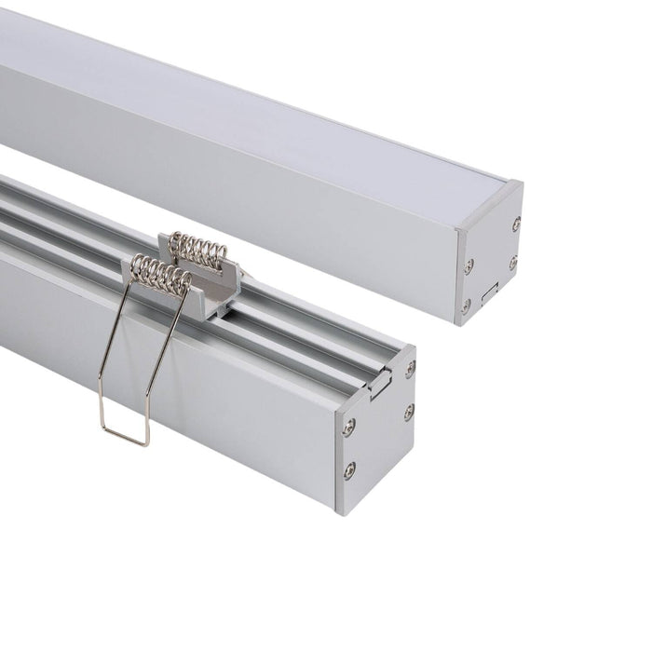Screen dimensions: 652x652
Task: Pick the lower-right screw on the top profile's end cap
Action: pos(511,265)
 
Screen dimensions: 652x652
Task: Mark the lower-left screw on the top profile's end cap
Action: pos(466,305)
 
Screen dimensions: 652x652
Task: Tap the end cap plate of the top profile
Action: pos(489,256)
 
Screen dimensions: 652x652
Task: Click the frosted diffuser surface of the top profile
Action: pos(233,93)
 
